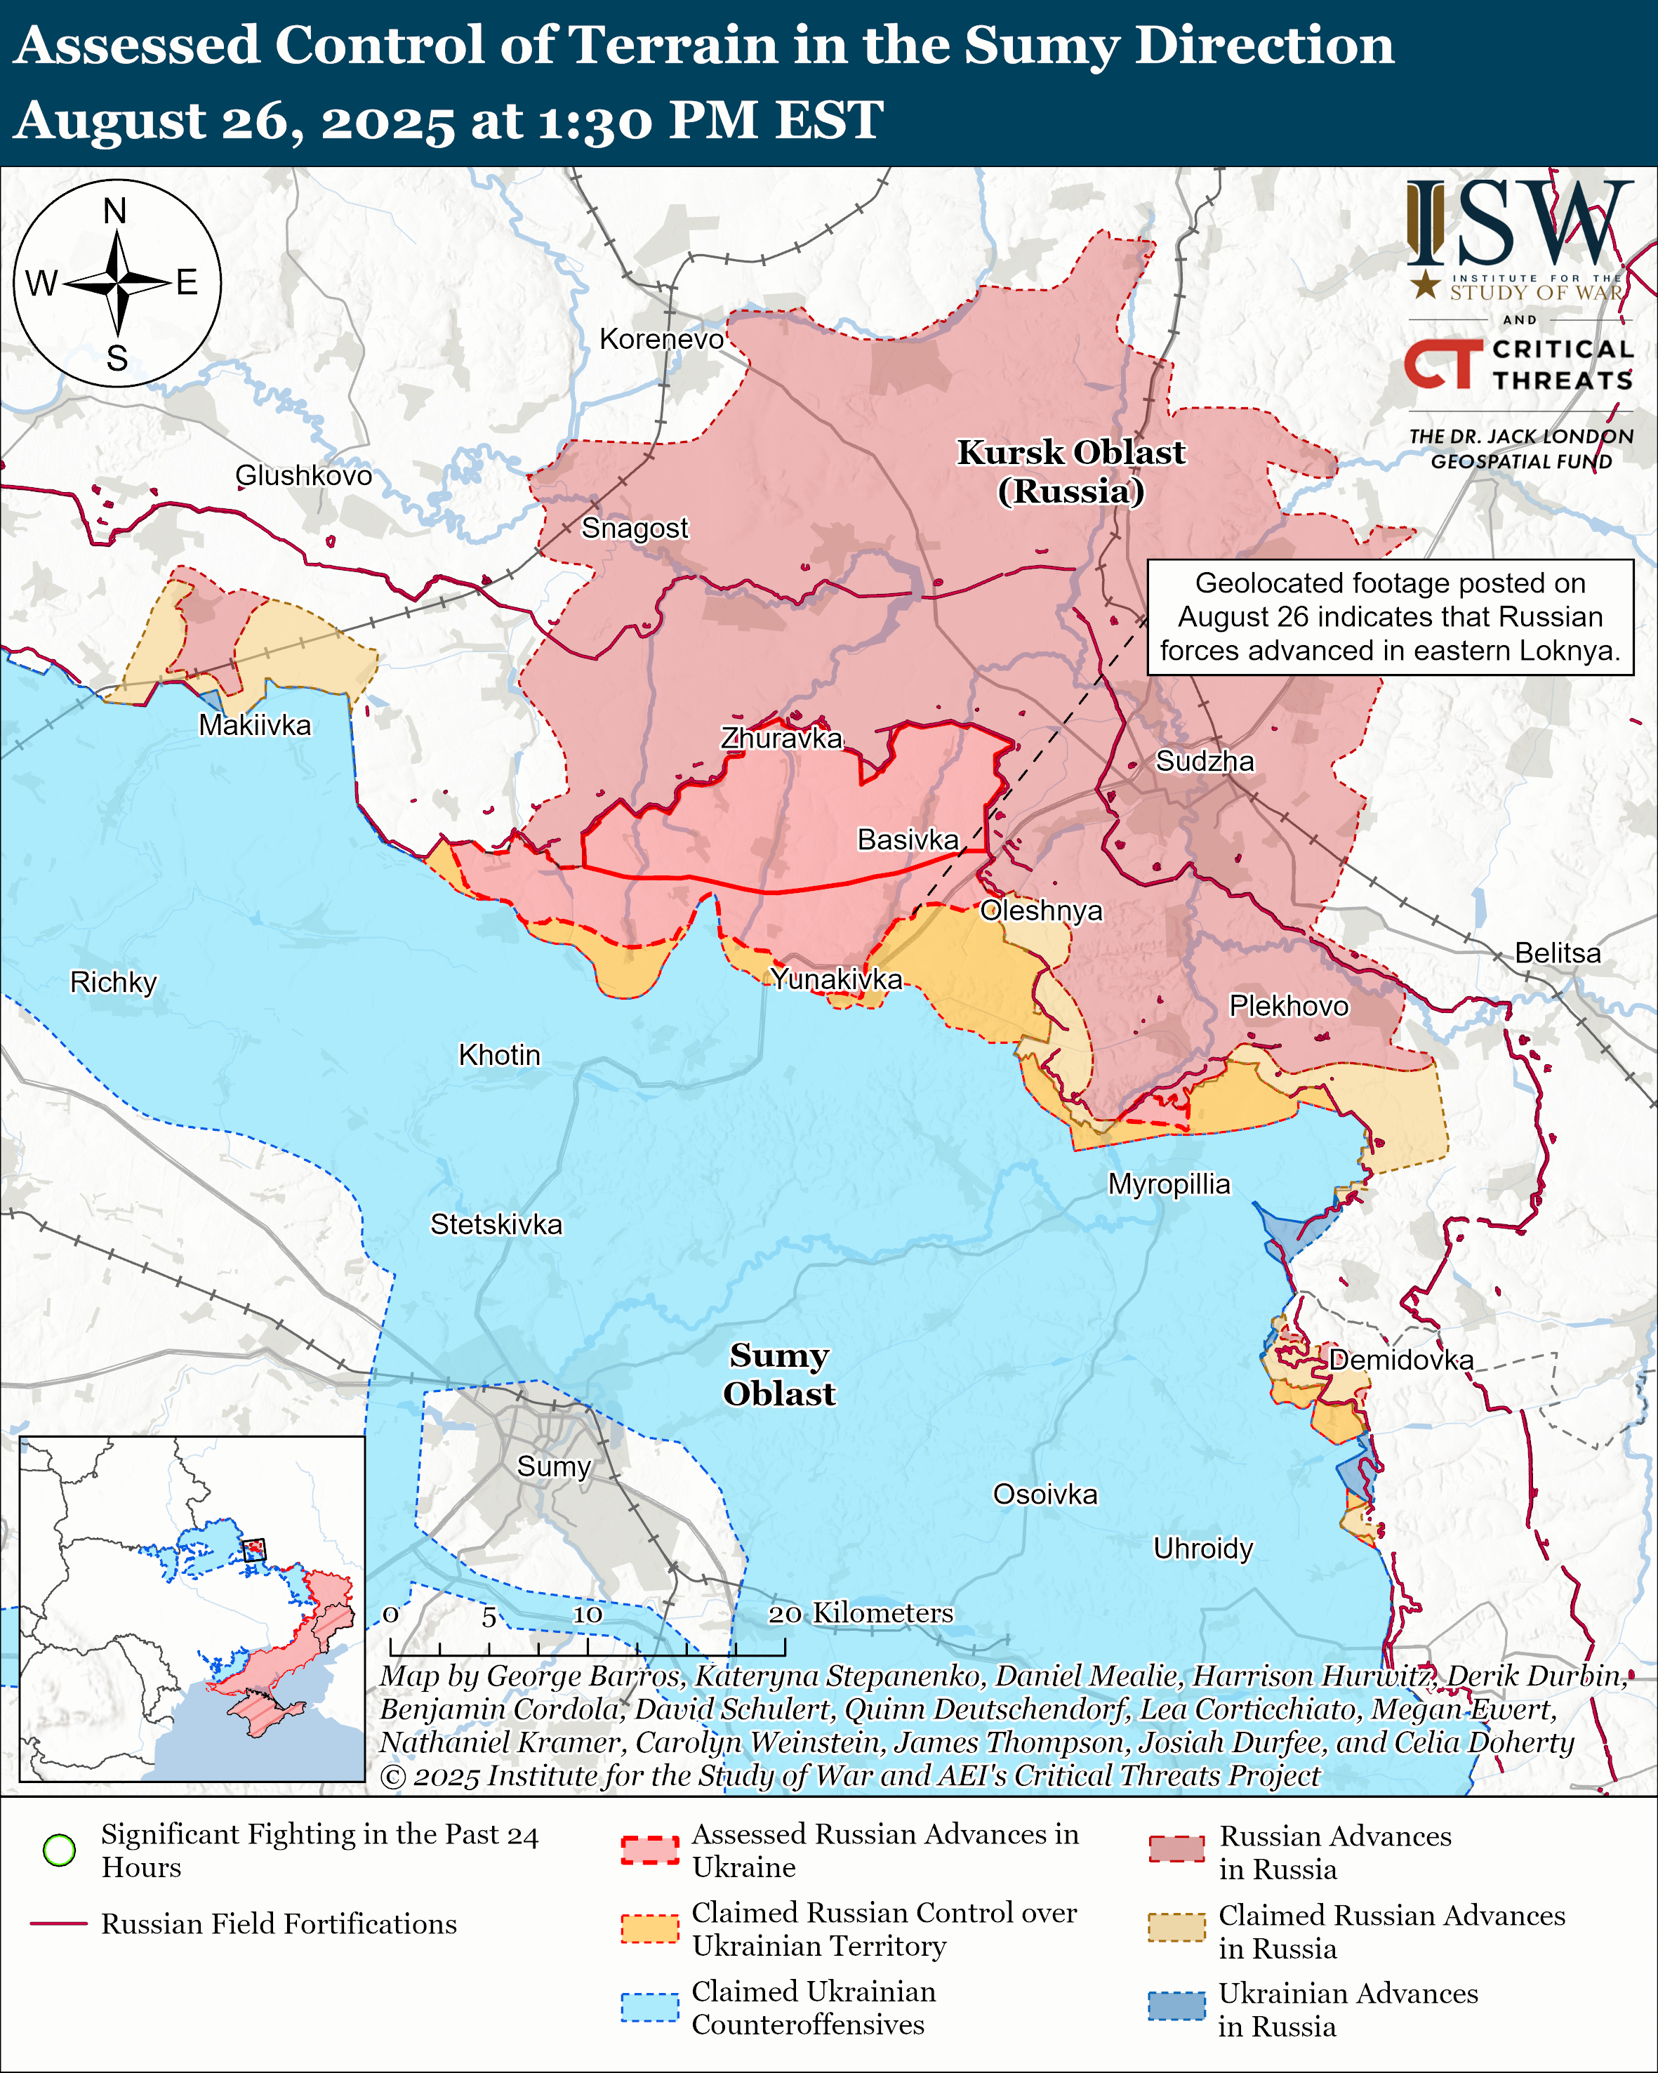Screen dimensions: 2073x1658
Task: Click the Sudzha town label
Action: [1205, 762]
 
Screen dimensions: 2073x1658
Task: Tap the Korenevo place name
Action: [661, 338]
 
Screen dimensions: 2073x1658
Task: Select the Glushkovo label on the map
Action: [304, 475]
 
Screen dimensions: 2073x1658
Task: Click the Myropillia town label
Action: [1169, 1184]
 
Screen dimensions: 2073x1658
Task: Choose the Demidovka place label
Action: [1400, 1360]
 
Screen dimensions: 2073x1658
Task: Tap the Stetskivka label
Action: [496, 1224]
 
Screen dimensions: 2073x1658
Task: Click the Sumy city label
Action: [554, 1466]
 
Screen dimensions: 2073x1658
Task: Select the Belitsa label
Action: [1558, 953]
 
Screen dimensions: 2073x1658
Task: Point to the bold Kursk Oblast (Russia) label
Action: [1070, 471]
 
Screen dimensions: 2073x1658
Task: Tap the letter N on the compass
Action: [115, 211]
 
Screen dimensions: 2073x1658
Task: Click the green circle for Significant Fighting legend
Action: [60, 1850]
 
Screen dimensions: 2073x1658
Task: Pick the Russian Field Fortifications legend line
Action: [60, 1924]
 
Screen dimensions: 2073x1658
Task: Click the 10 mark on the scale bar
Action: [588, 1615]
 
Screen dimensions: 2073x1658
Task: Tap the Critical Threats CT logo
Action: [1444, 364]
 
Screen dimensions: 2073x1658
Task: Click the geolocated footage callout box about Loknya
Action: [1390, 616]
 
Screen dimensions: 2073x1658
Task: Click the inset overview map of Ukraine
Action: [192, 1608]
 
